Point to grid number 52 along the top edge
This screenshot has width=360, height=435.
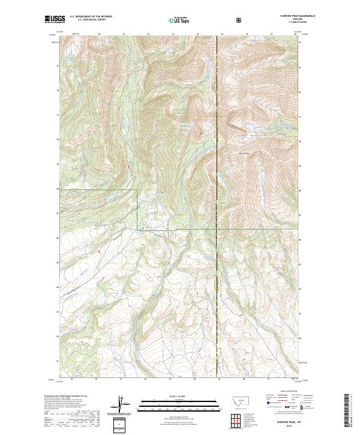[148, 35]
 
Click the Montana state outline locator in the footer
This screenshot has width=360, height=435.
[238, 401]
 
